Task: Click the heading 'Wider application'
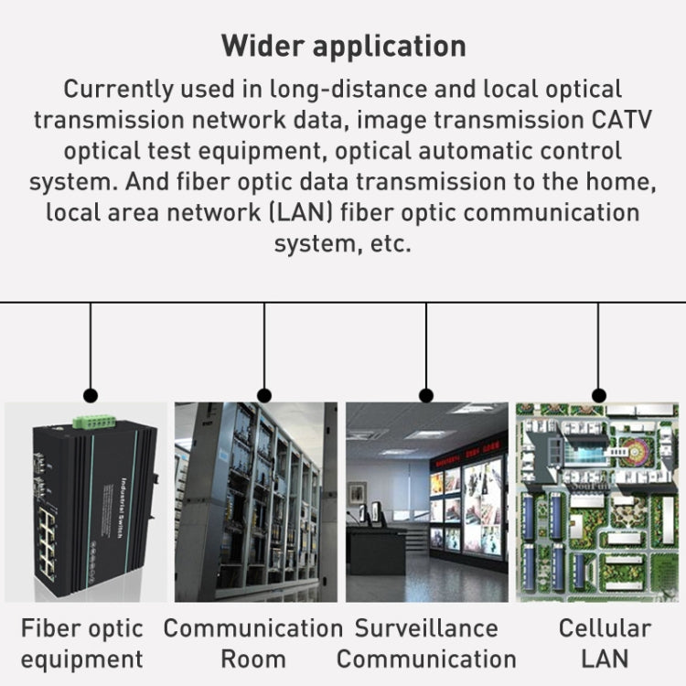pyautogui.click(x=343, y=46)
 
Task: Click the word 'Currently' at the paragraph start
pyautogui.click(x=120, y=90)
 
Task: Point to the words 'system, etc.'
pyautogui.click(x=343, y=244)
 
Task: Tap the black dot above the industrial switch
pyautogui.click(x=91, y=396)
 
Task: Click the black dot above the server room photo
pyautogui.click(x=264, y=396)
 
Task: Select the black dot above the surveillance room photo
pyautogui.click(x=426, y=396)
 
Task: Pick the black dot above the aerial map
pyautogui.click(x=599, y=396)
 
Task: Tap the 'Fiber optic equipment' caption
pyautogui.click(x=82, y=643)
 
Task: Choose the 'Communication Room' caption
pyautogui.click(x=253, y=643)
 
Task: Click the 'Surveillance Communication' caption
pyautogui.click(x=426, y=643)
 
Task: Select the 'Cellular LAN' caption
pyautogui.click(x=605, y=643)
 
